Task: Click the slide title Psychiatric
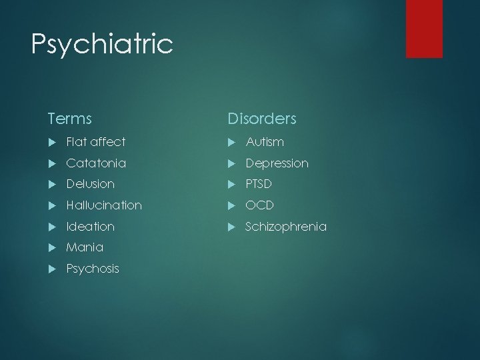pyautogui.click(x=102, y=45)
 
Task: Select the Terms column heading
pyautogui.click(x=69, y=119)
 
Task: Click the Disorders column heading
pyautogui.click(x=262, y=119)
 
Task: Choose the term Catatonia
pyautogui.click(x=96, y=163)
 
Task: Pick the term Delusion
pyautogui.click(x=91, y=184)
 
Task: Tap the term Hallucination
pyautogui.click(x=104, y=205)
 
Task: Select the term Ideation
pyautogui.click(x=91, y=227)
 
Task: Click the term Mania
pyautogui.click(x=85, y=247)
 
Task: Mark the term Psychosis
pyautogui.click(x=93, y=269)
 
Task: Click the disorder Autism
pyautogui.click(x=265, y=142)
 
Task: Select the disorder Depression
pyautogui.click(x=277, y=163)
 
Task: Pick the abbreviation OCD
pyautogui.click(x=259, y=205)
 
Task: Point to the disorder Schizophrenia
pyautogui.click(x=286, y=227)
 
